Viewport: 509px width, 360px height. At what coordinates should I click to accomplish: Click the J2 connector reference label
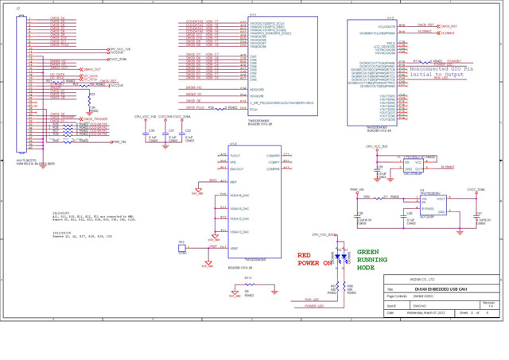[18, 8]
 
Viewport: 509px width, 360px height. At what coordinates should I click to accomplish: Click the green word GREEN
[367, 251]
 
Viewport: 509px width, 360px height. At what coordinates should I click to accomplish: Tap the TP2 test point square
[182, 249]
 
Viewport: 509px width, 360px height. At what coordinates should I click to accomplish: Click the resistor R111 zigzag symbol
[248, 282]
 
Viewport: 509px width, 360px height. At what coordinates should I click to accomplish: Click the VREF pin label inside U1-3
[235, 248]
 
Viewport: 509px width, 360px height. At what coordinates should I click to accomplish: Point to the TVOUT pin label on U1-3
[235, 156]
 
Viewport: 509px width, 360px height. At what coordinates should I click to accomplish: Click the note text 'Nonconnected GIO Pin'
[441, 69]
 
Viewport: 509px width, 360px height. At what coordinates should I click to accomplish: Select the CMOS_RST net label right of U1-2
[426, 25]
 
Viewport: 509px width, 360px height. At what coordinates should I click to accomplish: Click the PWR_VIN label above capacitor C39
[356, 190]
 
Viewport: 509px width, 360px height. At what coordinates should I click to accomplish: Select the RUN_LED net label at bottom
[312, 300]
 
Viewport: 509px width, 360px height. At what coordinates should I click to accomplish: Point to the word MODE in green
[367, 269]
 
